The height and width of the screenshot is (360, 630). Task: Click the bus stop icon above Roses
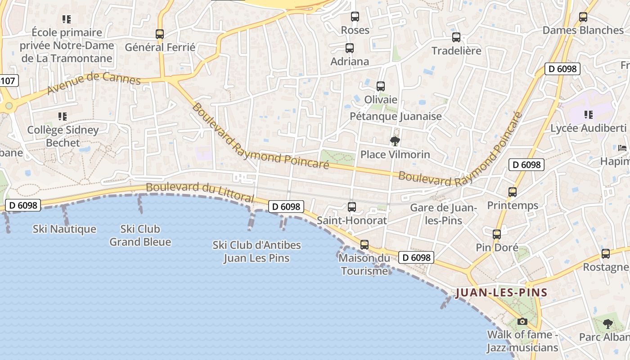[x=355, y=17]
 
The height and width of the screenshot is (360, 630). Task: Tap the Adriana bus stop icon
[x=350, y=48]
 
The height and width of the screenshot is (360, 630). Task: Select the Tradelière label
[x=456, y=50]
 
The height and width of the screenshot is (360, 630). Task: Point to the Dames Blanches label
[x=583, y=30]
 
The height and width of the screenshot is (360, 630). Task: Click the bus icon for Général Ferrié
[x=160, y=34]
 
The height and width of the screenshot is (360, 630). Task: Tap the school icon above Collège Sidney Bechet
[x=63, y=117]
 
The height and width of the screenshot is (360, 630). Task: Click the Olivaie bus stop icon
[x=381, y=86]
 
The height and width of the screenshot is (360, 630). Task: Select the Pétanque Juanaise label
[x=396, y=116]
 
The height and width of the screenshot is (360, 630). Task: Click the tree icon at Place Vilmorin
[x=395, y=141]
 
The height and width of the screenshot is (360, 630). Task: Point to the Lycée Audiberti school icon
[x=588, y=115]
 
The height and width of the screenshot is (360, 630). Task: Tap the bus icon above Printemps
[x=512, y=192]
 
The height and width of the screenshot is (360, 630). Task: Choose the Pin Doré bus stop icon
[x=497, y=234]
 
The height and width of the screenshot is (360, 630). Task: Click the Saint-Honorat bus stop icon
[x=352, y=207]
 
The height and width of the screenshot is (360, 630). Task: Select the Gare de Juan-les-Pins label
[x=443, y=214]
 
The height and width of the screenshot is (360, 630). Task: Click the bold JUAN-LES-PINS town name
[x=501, y=292]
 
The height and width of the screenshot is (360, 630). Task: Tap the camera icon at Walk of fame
[x=522, y=321]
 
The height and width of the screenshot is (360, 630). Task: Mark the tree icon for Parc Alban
[x=608, y=324]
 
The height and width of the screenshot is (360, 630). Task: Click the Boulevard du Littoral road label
[x=200, y=192]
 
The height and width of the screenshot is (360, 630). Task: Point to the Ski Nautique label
[x=64, y=229]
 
